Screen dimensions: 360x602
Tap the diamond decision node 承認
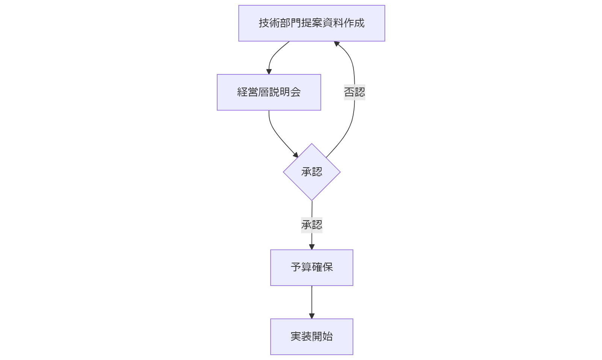pos(312,172)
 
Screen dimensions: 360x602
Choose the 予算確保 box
pos(312,267)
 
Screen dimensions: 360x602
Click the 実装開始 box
pos(312,336)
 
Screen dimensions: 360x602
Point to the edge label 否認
pos(354,92)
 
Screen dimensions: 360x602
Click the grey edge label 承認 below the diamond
pos(312,225)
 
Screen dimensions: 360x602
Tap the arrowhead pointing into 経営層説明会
pos(269,72)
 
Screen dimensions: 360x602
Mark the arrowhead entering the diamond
pos(296,155)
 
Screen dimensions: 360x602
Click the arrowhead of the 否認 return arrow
pos(337,44)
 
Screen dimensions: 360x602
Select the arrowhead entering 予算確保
pos(312,247)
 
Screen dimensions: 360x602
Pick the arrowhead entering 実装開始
pos(312,316)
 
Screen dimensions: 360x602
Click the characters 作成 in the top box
pos(354,23)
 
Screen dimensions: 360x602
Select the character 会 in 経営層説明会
pos(296,92)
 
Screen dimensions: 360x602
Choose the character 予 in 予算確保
pos(296,267)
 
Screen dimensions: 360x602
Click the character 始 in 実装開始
pos(328,336)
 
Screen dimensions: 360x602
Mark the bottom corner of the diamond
pos(312,200)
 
